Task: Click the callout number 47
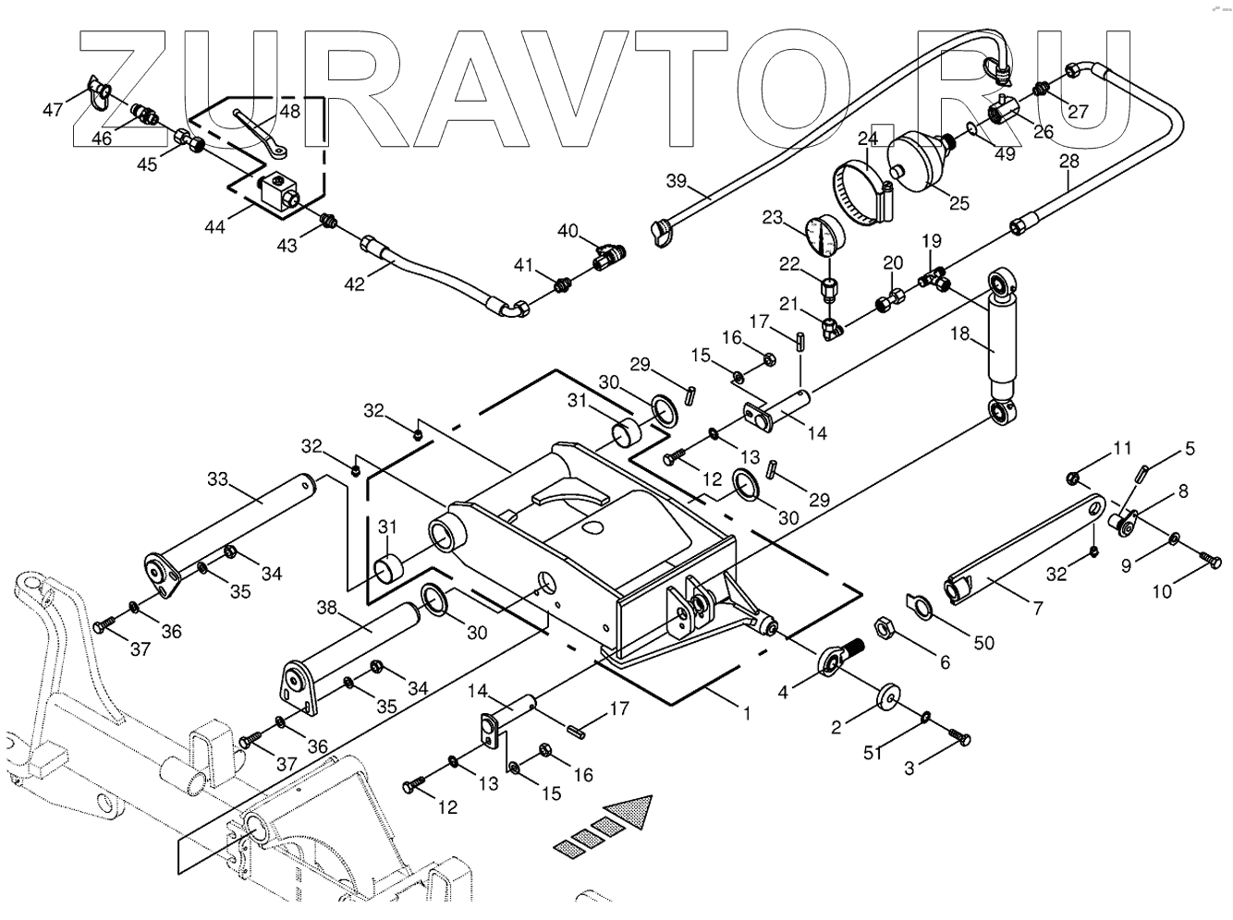53,110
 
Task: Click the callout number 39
677,180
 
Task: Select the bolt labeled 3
958,734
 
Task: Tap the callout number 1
746,713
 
